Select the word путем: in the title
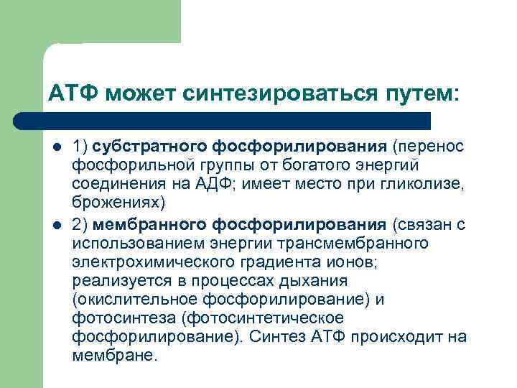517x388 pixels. [404, 93]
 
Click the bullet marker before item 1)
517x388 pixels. [56, 148]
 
